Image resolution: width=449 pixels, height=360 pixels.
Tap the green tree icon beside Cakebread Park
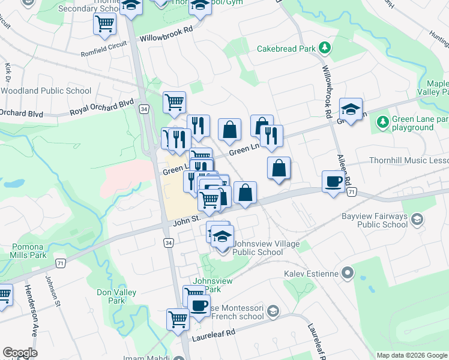click(324, 47)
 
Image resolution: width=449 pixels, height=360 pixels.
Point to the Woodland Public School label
click(46, 91)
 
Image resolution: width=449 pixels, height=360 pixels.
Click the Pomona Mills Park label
click(28, 251)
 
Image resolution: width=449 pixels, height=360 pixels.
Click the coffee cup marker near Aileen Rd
click(333, 181)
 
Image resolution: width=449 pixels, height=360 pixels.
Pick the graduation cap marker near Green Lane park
click(351, 109)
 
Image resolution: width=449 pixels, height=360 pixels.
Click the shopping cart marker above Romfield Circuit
click(104, 24)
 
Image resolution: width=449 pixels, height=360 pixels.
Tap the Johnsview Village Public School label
click(258, 248)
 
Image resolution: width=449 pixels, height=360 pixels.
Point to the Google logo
click(20, 353)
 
